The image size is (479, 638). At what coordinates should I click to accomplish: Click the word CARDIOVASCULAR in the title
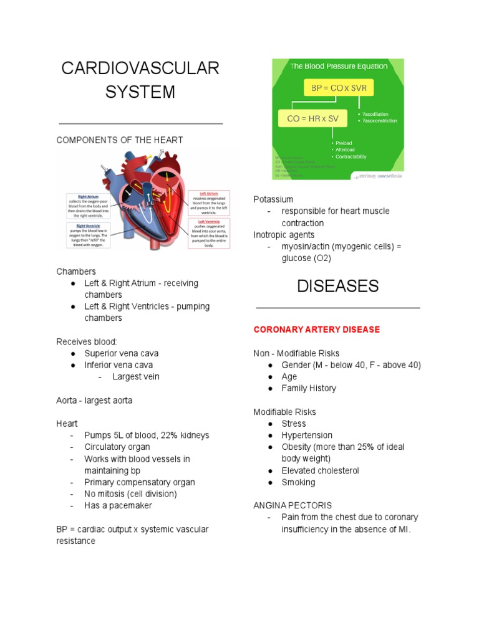click(140, 69)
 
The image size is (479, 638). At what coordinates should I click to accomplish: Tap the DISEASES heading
click(337, 286)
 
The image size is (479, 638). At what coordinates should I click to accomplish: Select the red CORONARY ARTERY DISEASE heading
click(317, 329)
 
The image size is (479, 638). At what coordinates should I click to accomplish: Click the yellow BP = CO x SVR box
click(339, 88)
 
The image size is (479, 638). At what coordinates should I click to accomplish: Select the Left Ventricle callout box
click(209, 234)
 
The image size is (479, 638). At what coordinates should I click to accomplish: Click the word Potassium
click(273, 199)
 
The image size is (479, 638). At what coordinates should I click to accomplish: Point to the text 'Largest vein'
click(136, 377)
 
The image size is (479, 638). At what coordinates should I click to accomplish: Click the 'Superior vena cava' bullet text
click(126, 353)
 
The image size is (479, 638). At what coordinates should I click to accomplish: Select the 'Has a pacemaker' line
click(119, 505)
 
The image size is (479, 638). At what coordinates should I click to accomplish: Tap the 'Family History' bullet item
click(309, 388)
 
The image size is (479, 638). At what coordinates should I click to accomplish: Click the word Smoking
click(298, 482)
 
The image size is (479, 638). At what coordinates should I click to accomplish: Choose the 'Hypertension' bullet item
click(307, 436)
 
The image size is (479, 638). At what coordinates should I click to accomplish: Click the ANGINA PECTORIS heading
click(293, 505)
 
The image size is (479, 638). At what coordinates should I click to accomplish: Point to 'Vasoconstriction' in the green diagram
click(379, 121)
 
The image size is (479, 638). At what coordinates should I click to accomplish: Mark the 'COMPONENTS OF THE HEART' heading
click(120, 140)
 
